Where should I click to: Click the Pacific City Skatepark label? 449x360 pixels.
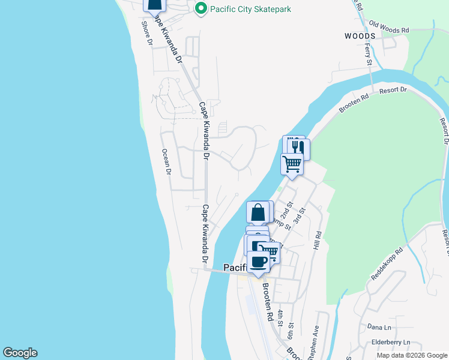(x=249, y=9)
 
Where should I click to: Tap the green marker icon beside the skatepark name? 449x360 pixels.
(x=200, y=9)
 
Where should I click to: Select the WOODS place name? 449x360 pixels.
(x=360, y=36)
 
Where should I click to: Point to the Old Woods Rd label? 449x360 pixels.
(x=389, y=28)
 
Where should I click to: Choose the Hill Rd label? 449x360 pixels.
(x=318, y=241)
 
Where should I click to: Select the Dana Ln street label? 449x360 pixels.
(x=379, y=327)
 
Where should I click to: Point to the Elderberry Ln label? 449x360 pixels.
(x=390, y=342)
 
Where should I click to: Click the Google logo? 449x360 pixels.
(x=20, y=353)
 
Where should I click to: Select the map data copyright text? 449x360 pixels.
(x=412, y=355)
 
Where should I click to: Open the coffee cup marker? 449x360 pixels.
(x=259, y=262)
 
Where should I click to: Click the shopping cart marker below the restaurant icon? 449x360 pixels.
(x=292, y=164)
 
